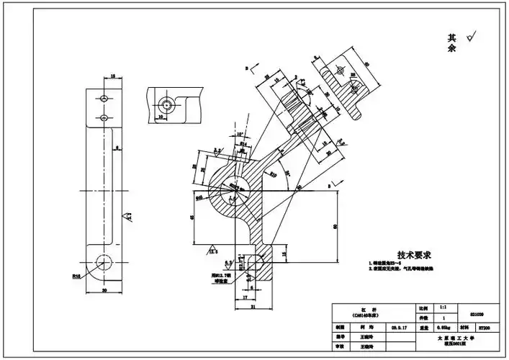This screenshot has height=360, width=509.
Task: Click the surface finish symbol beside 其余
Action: point(472,37)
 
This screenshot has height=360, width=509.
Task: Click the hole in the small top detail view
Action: point(166,104)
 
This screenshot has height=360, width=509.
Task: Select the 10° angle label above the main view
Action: point(239,133)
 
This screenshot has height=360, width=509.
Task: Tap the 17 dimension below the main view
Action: point(246,297)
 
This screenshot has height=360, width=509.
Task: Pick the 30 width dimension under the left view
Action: point(105,291)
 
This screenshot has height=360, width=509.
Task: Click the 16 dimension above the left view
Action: point(113,74)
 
